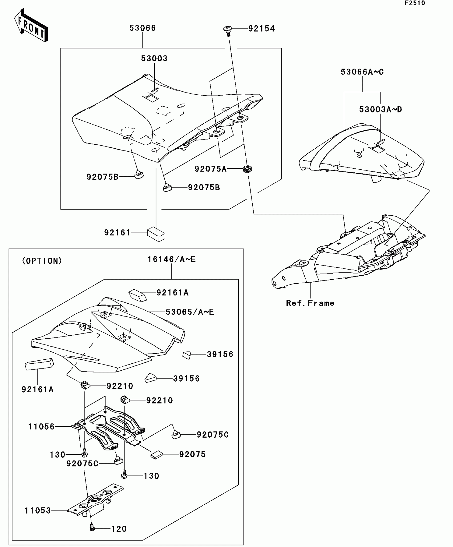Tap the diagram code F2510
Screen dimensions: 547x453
coord(415,3)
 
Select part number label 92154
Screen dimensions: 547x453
coord(261,29)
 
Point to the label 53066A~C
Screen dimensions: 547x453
coord(362,72)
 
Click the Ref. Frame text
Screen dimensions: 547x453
coord(310,303)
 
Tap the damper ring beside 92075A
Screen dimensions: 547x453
coord(248,169)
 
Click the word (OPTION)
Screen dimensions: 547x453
coord(42,261)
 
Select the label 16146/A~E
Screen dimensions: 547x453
coord(172,259)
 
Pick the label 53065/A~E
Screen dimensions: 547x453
coord(190,312)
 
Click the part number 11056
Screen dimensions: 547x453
coord(41,427)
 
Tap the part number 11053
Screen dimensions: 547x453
coord(38,510)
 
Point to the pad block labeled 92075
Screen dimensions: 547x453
coord(157,455)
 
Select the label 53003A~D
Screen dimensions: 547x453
coord(380,109)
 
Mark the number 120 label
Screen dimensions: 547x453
coord(119,529)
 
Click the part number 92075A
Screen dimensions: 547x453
coord(210,169)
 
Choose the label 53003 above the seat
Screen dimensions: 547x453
coord(154,58)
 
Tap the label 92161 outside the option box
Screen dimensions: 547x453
coord(117,233)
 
